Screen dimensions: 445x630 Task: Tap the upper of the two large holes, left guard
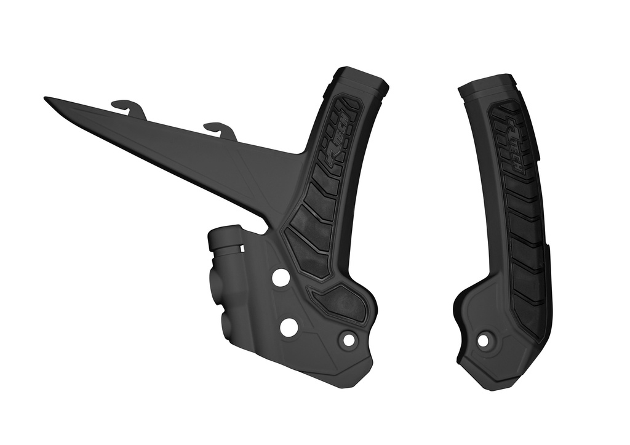click(x=280, y=278)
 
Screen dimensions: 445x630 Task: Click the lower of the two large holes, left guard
click(x=289, y=327)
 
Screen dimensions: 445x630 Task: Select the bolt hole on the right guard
click(x=483, y=340)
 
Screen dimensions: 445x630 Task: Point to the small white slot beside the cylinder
click(x=242, y=248)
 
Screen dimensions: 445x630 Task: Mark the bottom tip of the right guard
click(x=492, y=387)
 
